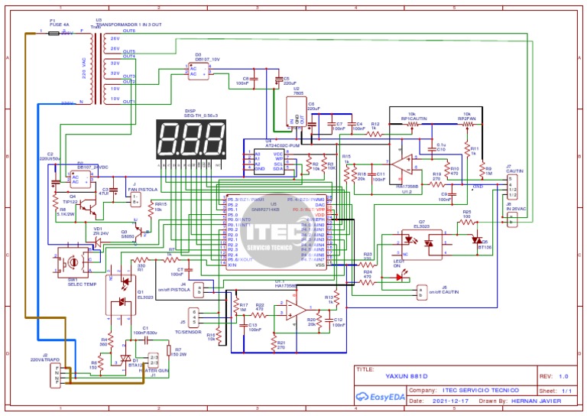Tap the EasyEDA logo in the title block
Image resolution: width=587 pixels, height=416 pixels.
coord(380,397)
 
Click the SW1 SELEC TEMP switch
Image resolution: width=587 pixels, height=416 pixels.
coord(73,261)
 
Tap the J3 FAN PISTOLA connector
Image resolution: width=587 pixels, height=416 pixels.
coord(135,199)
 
